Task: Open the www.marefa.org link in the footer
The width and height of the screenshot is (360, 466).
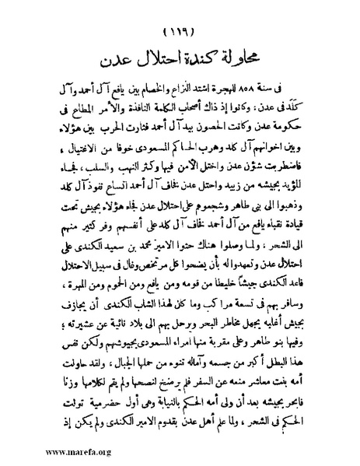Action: (x=36, y=452)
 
